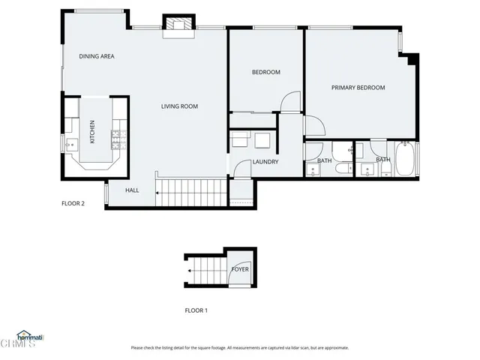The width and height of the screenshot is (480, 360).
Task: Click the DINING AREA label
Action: [x=96, y=57]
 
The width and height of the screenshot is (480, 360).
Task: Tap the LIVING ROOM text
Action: [x=179, y=106]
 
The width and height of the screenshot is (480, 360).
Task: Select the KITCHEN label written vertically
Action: [x=93, y=132]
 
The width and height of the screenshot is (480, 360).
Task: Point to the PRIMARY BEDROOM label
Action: [x=358, y=88]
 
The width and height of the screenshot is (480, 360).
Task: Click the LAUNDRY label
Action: [x=265, y=162]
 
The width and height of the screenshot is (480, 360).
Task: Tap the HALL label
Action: [x=132, y=190]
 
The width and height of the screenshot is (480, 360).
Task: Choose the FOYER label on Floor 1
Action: [x=240, y=269]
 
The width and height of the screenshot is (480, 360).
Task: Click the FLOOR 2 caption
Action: [x=78, y=202]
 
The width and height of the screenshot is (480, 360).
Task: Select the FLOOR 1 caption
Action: [x=196, y=310]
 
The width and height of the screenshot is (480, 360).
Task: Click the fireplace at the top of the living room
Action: [x=178, y=26]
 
